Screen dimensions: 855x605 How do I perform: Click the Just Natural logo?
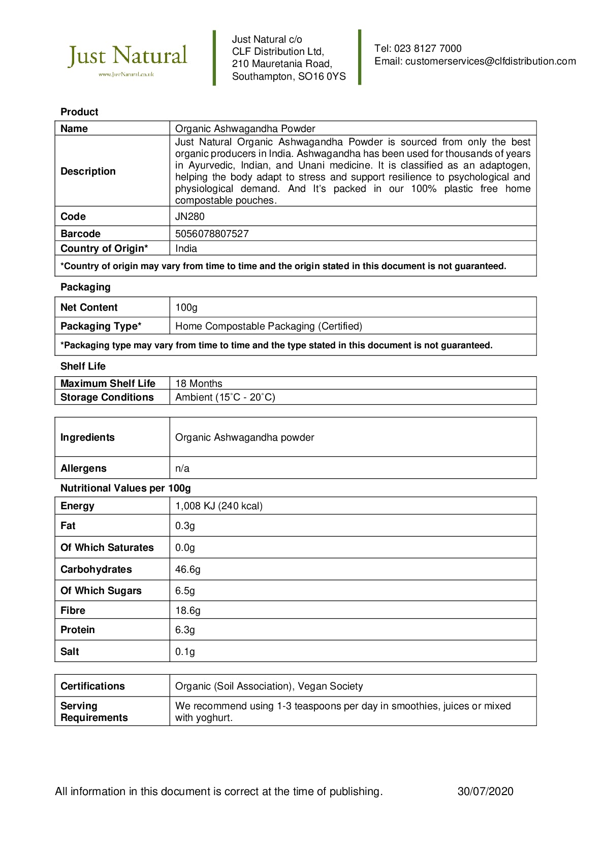(128, 58)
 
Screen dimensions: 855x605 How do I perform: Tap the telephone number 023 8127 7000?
(428, 49)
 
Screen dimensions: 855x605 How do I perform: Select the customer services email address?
(490, 61)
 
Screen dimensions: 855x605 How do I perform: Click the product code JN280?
(190, 217)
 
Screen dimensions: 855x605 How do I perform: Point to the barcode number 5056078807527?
(212, 234)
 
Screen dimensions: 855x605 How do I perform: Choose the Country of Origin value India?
(186, 249)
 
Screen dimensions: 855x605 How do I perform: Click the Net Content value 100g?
(186, 308)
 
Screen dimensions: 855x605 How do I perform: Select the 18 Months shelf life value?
(199, 384)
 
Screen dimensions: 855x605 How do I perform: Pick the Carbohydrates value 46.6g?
(188, 570)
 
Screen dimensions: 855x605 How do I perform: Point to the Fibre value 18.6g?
(188, 611)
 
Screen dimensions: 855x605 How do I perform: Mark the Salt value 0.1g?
(185, 652)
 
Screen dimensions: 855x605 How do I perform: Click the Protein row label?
(78, 630)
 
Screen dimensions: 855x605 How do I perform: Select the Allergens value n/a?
(182, 469)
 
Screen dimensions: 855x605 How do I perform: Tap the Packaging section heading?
(85, 287)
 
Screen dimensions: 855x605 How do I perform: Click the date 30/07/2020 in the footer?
(485, 792)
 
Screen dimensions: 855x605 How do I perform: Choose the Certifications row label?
(92, 686)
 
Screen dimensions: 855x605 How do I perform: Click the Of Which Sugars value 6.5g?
(185, 591)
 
